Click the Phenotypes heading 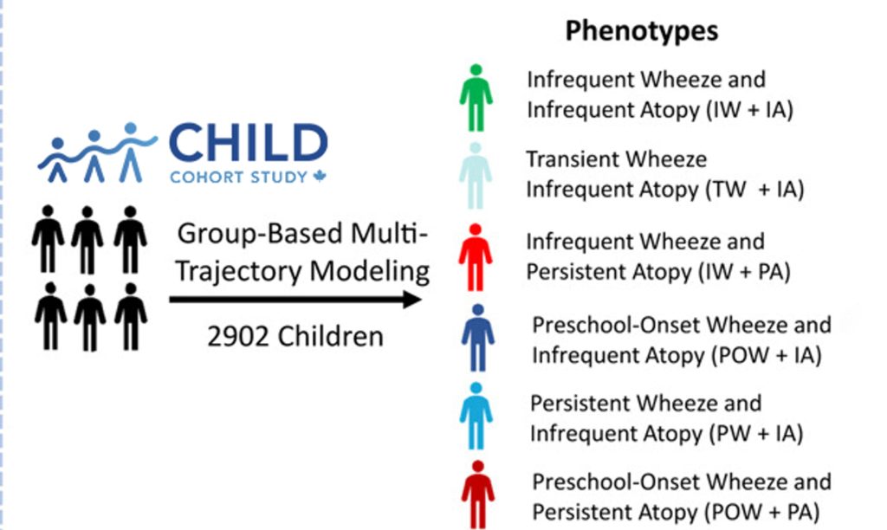click(x=642, y=31)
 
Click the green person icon click(x=476, y=98)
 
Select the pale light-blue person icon click(x=476, y=176)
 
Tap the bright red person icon click(x=476, y=257)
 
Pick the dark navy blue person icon click(x=478, y=338)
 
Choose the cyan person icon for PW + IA click(x=476, y=417)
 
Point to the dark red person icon click(x=478, y=495)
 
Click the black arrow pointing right click(x=295, y=300)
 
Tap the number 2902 click(x=237, y=337)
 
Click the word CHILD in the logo click(x=249, y=143)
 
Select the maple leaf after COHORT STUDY click(x=320, y=177)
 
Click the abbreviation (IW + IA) click(x=749, y=110)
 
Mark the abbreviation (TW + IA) click(x=754, y=190)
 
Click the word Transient click(x=571, y=159)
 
